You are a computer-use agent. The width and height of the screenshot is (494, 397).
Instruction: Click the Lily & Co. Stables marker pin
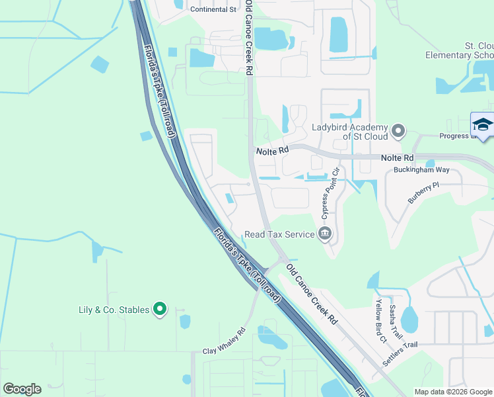(x=159, y=308)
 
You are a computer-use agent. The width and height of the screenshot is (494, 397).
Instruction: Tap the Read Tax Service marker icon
(x=325, y=234)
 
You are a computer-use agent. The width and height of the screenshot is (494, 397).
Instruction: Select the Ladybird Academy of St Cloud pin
(x=398, y=131)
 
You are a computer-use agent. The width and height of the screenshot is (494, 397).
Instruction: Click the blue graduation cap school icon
(x=483, y=124)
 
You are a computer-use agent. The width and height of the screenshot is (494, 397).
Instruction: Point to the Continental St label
(x=213, y=10)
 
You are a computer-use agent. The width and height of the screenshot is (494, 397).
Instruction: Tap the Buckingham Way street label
(x=421, y=170)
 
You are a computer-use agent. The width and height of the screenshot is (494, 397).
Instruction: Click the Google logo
(x=22, y=389)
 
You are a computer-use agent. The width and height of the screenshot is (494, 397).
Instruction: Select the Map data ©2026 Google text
(x=452, y=392)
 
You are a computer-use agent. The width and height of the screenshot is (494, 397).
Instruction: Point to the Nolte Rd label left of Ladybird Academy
(x=273, y=151)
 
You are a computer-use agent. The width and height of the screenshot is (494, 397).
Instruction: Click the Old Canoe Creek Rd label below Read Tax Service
(x=312, y=294)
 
